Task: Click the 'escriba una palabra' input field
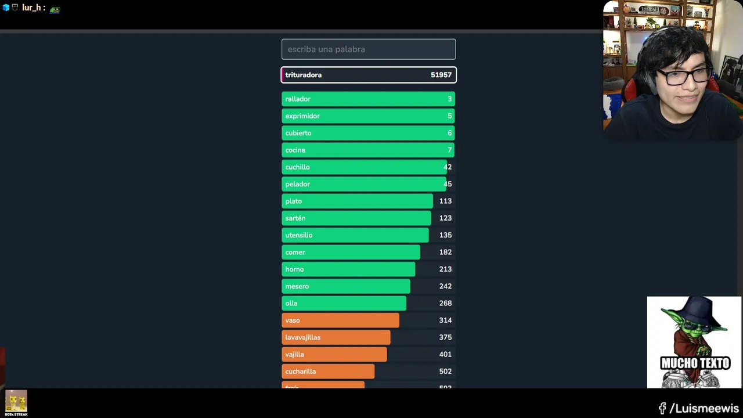(369, 49)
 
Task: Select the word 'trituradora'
(303, 75)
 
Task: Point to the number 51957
(441, 75)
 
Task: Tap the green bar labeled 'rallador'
(368, 99)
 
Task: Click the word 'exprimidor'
(302, 116)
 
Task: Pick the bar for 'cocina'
(368, 150)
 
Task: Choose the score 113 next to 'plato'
(445, 201)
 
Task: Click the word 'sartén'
(295, 218)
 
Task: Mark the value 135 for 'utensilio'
(445, 235)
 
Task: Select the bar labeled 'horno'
(348, 269)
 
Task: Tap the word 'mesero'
(297, 286)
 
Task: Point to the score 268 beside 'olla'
(445, 303)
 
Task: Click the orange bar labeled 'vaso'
(340, 320)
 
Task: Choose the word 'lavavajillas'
(302, 337)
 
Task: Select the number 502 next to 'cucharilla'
(445, 372)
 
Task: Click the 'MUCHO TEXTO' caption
(695, 363)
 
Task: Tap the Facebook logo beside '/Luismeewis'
(662, 409)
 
